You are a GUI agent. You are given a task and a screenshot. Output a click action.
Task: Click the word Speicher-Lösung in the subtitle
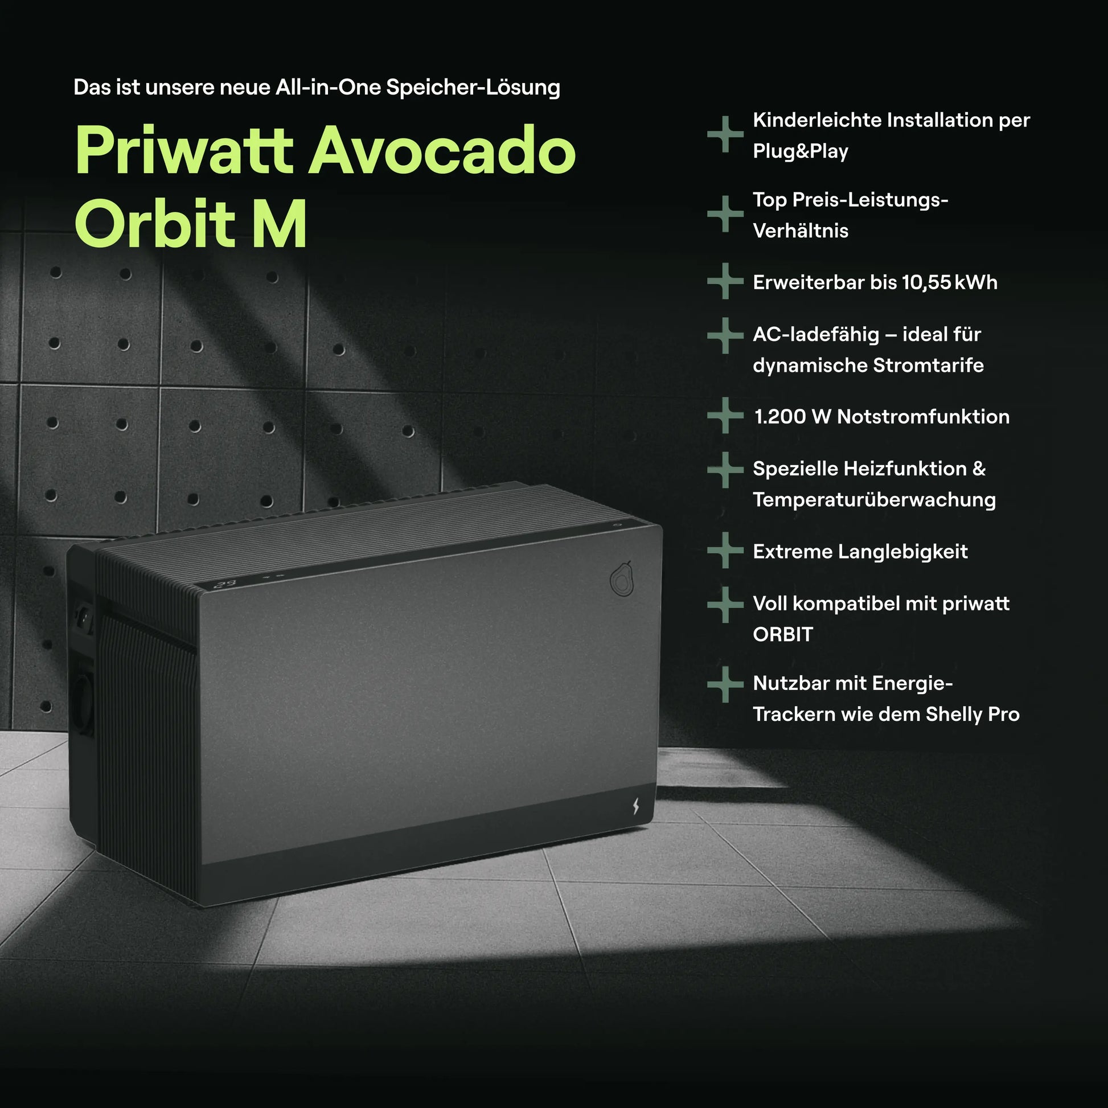[473, 87]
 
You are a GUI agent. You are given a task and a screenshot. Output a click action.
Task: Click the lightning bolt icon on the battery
[635, 806]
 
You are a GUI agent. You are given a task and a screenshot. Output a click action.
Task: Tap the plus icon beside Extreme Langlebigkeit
[725, 551]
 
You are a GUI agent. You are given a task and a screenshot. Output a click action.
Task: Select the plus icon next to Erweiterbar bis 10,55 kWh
[725, 281]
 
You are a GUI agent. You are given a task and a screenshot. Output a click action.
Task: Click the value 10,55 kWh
[949, 282]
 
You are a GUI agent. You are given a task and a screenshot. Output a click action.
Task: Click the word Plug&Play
[800, 151]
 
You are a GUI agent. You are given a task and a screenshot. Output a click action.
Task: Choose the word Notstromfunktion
[924, 417]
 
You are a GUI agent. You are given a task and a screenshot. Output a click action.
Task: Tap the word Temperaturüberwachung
[874, 500]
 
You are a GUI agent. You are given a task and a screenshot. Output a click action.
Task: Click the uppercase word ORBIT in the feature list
[783, 635]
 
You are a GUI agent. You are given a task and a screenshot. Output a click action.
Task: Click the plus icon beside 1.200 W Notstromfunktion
[725, 415]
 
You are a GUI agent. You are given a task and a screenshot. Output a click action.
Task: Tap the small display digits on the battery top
[225, 584]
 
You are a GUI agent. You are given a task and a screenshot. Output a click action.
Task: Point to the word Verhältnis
[800, 231]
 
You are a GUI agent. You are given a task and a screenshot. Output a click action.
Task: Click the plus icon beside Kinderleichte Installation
[725, 134]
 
